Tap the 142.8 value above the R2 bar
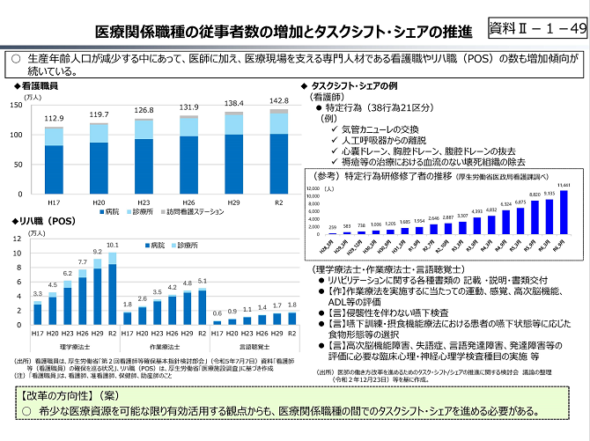(x=278, y=100)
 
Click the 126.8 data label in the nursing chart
(x=144, y=110)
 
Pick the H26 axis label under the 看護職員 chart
(x=188, y=202)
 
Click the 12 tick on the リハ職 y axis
(x=18, y=239)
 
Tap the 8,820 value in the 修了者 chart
(x=535, y=195)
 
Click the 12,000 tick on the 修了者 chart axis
(x=312, y=188)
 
